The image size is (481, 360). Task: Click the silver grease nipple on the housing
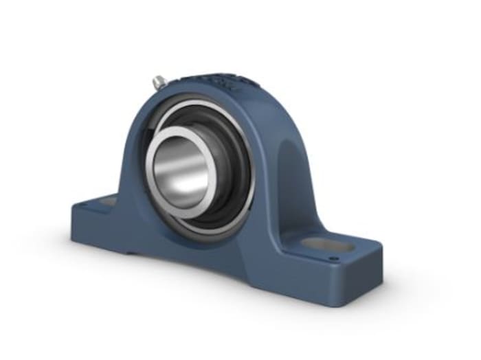click(x=157, y=82)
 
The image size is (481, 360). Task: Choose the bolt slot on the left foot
click(x=107, y=202)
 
